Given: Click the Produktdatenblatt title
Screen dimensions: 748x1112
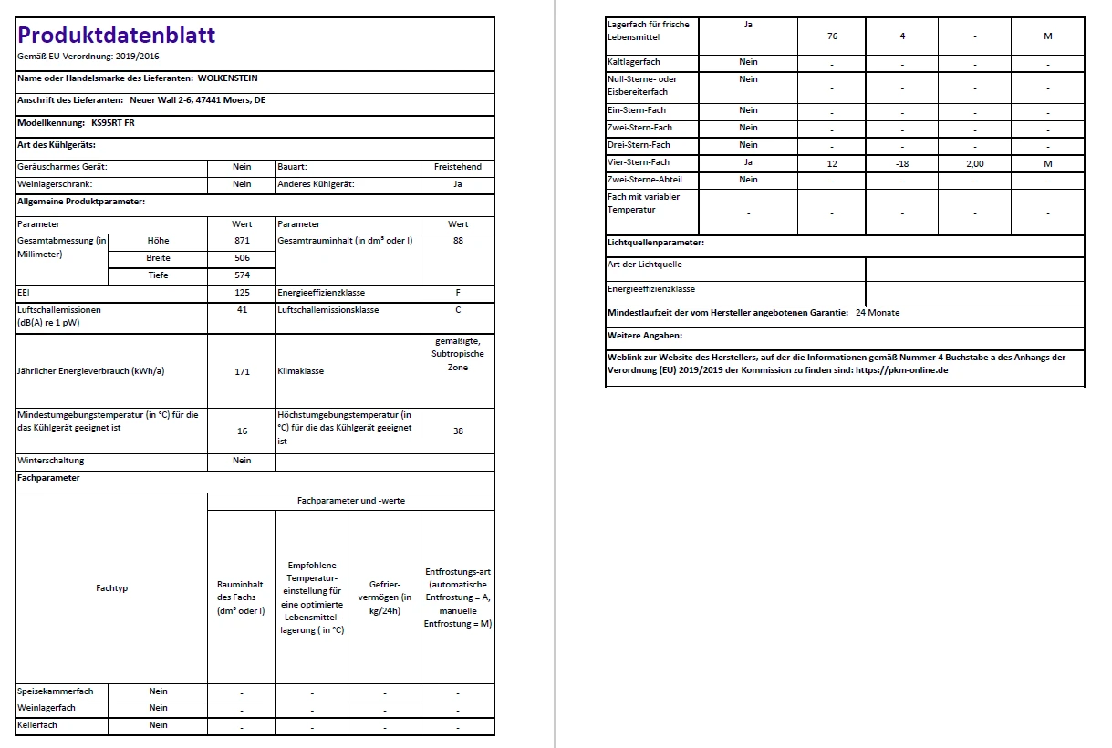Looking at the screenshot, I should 117,36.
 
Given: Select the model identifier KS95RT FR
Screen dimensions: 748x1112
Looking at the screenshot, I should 113,122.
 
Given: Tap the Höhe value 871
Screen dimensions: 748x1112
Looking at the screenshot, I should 242,241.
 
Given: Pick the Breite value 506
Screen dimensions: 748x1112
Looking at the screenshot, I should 242,258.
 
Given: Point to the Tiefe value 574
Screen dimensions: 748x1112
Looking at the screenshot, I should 242,275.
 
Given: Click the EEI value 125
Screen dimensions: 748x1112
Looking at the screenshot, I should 242,293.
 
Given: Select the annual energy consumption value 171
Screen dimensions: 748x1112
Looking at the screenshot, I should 242,372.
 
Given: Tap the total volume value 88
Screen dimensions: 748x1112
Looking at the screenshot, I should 458,241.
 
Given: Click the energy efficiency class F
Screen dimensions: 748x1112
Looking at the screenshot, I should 458,293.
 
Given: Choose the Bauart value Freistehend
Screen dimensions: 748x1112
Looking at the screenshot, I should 458,167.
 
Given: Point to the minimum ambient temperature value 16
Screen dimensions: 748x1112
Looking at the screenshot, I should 242,431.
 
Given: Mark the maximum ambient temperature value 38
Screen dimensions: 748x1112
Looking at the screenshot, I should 458,431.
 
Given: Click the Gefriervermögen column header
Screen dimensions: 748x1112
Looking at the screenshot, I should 384,597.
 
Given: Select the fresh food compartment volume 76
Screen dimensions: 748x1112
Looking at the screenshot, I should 832,36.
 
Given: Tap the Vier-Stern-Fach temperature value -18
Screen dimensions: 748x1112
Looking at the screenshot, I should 901,163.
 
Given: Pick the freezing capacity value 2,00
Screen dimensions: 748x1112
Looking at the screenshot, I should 974,163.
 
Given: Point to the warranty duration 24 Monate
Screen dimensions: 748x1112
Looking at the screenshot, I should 878,313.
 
